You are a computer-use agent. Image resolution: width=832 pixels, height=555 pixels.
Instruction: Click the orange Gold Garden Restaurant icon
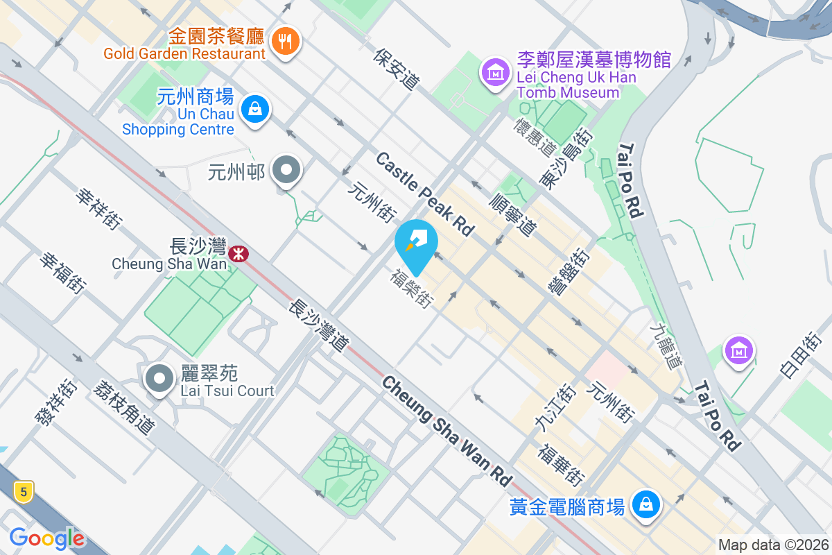point(284,40)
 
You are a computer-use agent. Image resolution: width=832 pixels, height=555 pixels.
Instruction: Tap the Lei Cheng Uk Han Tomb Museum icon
point(496,72)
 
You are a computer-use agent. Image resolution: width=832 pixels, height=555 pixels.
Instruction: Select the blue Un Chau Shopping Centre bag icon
point(255,109)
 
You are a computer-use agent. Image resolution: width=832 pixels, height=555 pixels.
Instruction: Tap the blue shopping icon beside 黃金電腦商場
point(646,504)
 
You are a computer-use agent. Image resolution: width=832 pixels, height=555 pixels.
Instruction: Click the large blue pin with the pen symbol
point(416,244)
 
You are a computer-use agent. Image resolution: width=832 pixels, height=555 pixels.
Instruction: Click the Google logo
point(47,538)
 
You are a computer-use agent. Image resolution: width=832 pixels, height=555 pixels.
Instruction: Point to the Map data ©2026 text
point(773,545)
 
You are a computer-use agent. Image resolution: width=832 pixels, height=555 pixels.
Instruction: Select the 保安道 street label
point(397,69)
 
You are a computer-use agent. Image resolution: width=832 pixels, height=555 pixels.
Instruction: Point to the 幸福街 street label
point(62,272)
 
